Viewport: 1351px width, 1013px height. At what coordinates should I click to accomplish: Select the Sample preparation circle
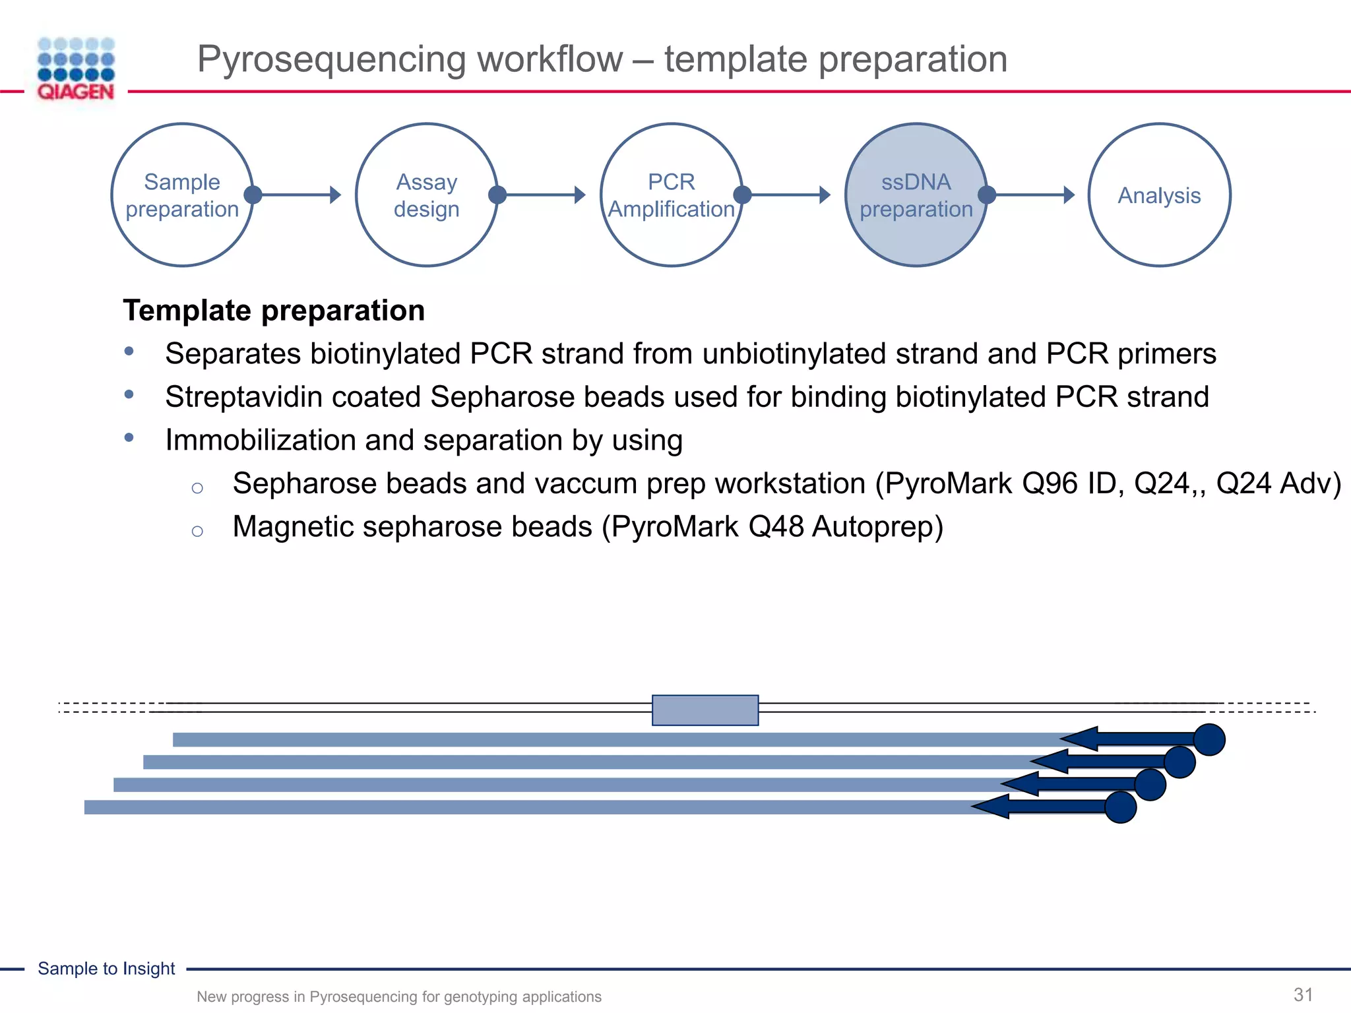tap(182, 195)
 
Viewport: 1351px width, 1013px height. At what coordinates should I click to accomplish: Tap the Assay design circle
tap(426, 195)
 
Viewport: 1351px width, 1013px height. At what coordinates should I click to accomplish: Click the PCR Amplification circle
tap(671, 195)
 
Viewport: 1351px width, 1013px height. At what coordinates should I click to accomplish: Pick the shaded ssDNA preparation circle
tap(916, 195)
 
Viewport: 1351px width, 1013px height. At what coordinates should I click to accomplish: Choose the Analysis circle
tap(1159, 195)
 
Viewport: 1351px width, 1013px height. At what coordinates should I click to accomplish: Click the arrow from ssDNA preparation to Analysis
tap(1032, 195)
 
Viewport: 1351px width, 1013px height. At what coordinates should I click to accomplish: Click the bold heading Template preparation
tap(274, 311)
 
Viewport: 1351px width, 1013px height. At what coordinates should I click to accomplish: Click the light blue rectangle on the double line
tap(705, 710)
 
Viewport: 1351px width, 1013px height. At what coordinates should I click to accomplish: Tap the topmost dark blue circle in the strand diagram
tap(1209, 739)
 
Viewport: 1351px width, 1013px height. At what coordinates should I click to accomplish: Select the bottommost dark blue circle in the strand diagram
tap(1120, 807)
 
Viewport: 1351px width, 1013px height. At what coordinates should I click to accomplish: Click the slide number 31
tap(1303, 995)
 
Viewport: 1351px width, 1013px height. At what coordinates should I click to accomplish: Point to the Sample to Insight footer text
tap(106, 969)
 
